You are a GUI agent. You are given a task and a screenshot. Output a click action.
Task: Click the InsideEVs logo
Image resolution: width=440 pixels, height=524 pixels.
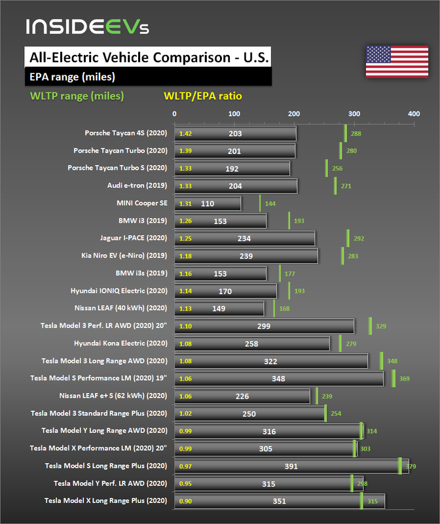(88, 27)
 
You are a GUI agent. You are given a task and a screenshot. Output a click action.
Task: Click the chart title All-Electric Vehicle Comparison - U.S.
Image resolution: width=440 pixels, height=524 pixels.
(146, 57)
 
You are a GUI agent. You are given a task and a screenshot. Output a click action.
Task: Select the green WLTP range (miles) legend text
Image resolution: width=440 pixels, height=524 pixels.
(77, 96)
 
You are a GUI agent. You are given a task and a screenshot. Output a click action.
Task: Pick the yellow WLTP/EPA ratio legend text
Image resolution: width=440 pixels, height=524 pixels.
(202, 96)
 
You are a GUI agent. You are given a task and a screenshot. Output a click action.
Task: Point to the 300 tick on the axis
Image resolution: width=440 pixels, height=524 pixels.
(354, 114)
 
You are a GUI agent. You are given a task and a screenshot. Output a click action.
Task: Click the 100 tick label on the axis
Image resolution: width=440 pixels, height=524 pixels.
(234, 114)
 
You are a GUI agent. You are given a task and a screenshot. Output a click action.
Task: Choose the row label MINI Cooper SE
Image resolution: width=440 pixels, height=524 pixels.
(142, 203)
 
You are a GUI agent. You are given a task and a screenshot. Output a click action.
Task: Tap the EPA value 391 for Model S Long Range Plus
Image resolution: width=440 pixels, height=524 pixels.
(291, 466)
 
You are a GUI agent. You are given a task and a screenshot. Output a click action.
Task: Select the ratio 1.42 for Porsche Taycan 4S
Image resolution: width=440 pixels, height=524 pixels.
(185, 134)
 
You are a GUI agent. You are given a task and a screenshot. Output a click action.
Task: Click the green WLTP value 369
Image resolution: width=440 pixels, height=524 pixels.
(405, 379)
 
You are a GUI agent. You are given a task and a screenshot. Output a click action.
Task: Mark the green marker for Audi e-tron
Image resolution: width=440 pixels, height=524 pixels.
(335, 185)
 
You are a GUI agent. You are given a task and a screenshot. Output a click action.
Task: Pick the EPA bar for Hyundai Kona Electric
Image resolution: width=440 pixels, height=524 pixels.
(252, 343)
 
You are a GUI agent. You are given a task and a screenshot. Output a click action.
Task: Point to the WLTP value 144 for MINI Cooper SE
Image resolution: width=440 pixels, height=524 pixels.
(270, 204)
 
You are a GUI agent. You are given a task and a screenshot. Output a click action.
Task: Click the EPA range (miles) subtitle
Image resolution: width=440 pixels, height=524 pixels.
(73, 77)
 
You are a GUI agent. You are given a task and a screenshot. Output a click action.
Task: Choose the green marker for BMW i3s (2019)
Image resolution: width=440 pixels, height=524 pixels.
(280, 273)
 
